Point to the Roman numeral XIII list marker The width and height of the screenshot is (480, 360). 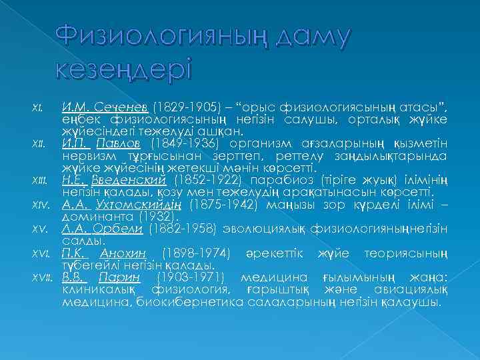tap(39, 181)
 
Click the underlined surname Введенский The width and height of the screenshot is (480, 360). tap(140, 180)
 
